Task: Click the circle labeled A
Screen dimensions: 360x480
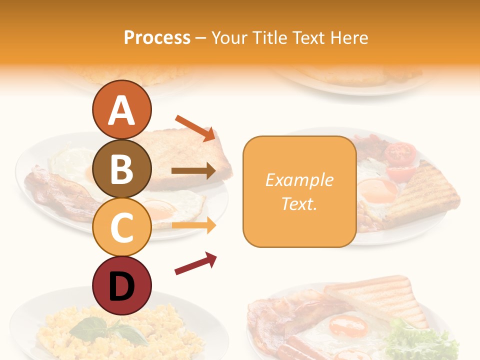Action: [x=121, y=110]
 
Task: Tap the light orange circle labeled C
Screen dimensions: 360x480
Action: [x=121, y=227]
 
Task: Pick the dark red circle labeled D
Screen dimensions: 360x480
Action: [x=121, y=285]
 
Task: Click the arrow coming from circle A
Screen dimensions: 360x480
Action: [x=195, y=127]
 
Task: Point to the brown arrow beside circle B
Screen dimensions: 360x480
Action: [x=193, y=171]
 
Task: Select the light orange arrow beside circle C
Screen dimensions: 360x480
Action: [x=193, y=225]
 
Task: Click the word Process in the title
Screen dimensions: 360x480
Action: [x=157, y=37]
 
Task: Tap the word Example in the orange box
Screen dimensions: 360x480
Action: [x=299, y=180]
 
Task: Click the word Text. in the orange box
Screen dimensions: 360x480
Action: [x=299, y=203]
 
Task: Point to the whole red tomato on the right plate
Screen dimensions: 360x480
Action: [x=401, y=154]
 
